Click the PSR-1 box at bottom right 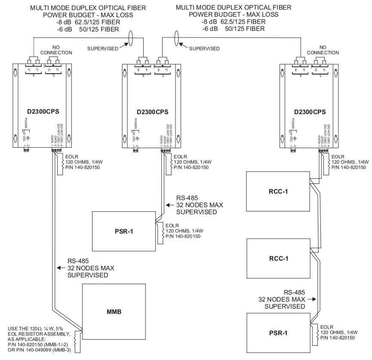[x=278, y=332]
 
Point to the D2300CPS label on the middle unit [x=150, y=112]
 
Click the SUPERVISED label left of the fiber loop [x=103, y=49]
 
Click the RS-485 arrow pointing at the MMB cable [x=61, y=268]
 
